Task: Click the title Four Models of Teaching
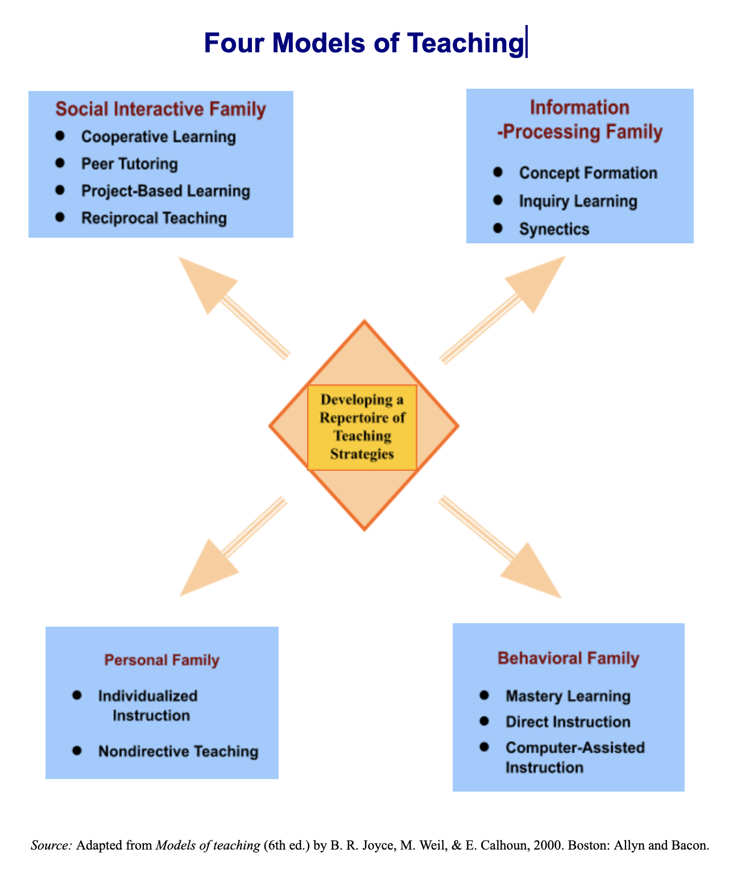coord(363,43)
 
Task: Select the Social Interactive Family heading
coord(160,109)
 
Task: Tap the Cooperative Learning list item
coord(158,137)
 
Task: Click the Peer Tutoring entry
coord(129,164)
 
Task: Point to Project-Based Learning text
coord(165,190)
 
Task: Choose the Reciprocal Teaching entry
coord(154,218)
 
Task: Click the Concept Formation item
coord(588,173)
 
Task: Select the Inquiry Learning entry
coord(578,201)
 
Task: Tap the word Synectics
coord(554,229)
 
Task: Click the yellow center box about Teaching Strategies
coord(362,427)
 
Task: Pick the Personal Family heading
coord(162,660)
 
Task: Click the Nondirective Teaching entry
coord(178,751)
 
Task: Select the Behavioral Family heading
coord(568,658)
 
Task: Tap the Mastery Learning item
coord(568,696)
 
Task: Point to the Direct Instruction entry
coord(568,722)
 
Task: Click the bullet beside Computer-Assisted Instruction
coord(485,747)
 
